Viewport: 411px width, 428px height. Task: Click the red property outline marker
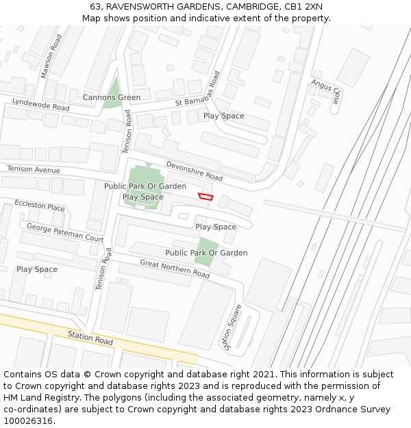point(205,197)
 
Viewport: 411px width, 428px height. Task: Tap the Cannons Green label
point(112,98)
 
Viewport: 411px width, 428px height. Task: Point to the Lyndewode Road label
point(40,105)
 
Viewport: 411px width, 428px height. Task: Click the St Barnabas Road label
point(197,93)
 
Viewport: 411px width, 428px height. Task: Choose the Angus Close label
point(326,90)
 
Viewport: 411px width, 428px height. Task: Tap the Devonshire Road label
point(195,171)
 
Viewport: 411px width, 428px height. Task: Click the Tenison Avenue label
point(34,169)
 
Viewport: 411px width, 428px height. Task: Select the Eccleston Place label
point(40,206)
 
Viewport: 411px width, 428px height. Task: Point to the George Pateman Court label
point(65,232)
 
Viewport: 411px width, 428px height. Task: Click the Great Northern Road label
point(175,268)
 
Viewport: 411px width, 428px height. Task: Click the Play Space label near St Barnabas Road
point(223,116)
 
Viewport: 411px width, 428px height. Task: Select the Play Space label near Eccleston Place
point(37,269)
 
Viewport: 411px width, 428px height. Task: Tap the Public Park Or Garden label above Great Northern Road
point(206,253)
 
